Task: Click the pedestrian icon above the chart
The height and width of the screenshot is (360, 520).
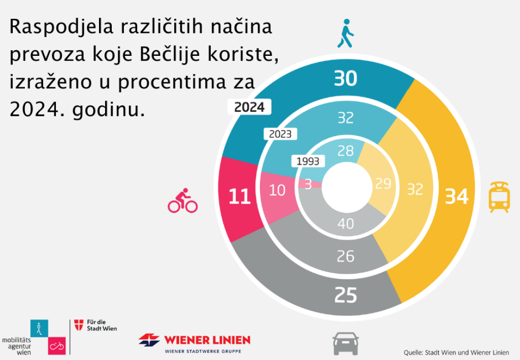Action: click(x=345, y=34)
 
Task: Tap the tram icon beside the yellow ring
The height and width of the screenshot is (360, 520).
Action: click(x=499, y=197)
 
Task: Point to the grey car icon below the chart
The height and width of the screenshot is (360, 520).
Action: click(x=346, y=344)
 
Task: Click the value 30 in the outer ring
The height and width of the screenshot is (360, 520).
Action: click(x=345, y=79)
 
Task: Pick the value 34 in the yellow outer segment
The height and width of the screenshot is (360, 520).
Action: click(x=457, y=197)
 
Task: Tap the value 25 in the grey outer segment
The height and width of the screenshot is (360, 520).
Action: click(x=346, y=295)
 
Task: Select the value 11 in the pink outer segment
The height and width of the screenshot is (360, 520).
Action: click(x=239, y=197)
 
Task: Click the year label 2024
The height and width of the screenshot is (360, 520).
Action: click(x=249, y=107)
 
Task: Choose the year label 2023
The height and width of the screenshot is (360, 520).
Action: click(x=280, y=134)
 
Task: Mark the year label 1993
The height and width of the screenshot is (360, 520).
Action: click(x=308, y=161)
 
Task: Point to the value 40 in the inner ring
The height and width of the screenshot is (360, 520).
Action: click(x=346, y=223)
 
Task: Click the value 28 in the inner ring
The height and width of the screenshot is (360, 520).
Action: click(x=346, y=151)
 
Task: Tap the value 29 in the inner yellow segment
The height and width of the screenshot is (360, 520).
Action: click(x=382, y=184)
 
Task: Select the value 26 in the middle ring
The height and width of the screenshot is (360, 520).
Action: click(x=346, y=256)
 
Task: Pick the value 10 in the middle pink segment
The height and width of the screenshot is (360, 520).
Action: click(x=277, y=190)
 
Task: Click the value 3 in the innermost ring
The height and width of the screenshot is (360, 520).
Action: click(x=308, y=184)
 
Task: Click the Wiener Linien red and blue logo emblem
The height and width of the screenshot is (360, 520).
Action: click(x=149, y=340)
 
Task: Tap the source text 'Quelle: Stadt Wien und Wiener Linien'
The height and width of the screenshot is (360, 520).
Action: click(x=456, y=352)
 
